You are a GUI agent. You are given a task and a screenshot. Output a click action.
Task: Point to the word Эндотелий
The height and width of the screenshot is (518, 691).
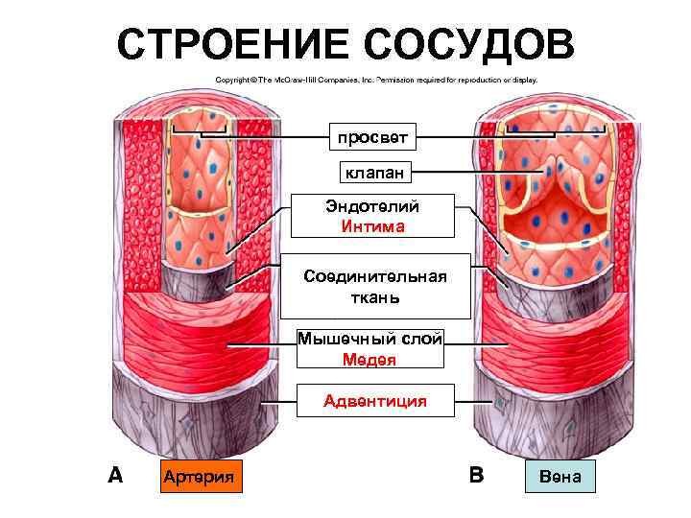(373, 205)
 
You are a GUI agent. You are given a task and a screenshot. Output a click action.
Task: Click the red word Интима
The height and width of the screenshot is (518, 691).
(372, 226)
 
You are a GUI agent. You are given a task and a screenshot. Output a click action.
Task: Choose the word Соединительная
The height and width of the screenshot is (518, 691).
(375, 276)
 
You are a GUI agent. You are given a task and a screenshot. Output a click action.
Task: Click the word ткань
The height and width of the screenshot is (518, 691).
(375, 297)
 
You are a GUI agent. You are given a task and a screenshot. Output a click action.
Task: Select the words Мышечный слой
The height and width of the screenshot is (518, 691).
(370, 338)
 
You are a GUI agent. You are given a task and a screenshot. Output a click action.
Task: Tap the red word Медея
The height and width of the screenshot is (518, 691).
(369, 360)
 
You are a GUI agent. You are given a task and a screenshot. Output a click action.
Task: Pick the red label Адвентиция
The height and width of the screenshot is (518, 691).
(375, 401)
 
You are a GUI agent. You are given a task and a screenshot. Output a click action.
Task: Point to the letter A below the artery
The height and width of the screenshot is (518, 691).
(115, 474)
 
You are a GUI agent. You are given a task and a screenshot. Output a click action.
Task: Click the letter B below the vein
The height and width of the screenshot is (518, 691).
(476, 474)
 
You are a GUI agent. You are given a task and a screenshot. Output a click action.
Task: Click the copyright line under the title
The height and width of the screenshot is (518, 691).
(376, 81)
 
